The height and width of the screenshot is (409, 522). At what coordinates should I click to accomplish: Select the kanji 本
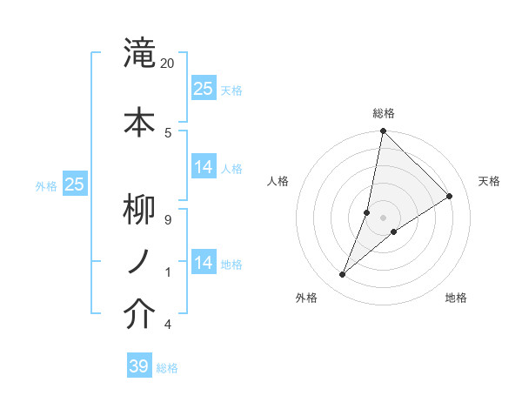139,121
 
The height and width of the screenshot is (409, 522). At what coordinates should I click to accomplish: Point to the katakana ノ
139,260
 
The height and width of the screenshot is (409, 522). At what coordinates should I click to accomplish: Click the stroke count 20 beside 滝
168,64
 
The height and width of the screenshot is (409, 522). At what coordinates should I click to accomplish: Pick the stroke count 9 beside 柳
168,219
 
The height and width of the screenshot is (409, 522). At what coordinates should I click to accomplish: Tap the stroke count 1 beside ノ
168,272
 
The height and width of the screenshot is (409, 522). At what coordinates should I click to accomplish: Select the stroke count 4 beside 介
168,325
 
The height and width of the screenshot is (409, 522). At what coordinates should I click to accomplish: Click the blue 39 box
139,366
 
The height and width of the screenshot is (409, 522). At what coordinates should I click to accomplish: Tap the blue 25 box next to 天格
204,88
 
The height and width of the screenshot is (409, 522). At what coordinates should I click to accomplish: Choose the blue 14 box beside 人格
204,167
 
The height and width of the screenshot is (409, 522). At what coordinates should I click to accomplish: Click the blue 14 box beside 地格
204,262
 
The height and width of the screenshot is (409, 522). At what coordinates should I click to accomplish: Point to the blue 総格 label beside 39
167,368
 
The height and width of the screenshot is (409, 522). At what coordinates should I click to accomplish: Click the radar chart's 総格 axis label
383,113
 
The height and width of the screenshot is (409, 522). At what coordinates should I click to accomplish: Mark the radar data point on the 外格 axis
343,275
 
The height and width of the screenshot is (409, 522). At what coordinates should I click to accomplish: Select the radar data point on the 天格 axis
450,196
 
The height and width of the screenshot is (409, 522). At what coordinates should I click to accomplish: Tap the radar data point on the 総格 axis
383,131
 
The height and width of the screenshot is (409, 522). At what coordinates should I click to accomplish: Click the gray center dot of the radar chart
383,218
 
